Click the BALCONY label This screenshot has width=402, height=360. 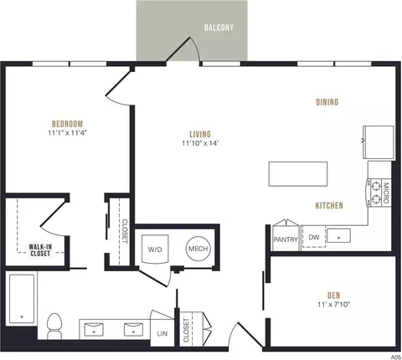click(219, 28)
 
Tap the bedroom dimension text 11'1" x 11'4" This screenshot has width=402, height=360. click(68, 132)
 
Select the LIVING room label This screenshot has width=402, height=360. click(200, 134)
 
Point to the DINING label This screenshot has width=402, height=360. click(327, 102)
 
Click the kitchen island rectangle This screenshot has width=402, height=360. click(298, 174)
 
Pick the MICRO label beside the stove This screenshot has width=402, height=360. click(386, 193)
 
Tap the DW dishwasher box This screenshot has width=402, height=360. click(314, 237)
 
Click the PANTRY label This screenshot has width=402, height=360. click(286, 239)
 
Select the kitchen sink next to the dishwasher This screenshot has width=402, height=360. click(338, 236)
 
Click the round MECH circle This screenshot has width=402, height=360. click(198, 249)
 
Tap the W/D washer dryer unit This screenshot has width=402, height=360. click(155, 249)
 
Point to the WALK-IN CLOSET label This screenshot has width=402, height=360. click(40, 250)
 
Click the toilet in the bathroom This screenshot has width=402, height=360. click(54, 326)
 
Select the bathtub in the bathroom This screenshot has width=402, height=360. click(22, 299)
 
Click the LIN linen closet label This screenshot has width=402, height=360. click(162, 333)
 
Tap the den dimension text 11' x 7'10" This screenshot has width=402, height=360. click(334, 304)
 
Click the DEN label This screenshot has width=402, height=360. click(334, 296)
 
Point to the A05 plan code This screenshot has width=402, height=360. click(395, 357)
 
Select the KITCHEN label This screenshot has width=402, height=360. click(329, 206)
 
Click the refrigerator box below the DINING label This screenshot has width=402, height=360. click(379, 142)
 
